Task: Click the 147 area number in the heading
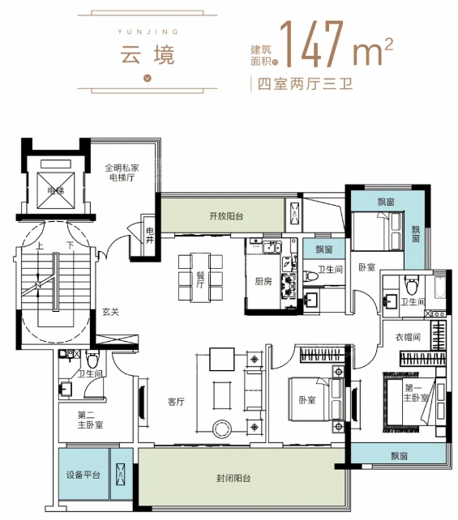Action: click(x=313, y=44)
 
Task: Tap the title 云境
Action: click(x=147, y=55)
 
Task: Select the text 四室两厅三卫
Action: click(x=305, y=84)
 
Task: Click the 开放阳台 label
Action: click(x=226, y=216)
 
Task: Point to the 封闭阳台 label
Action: click(x=233, y=478)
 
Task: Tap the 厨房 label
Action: click(x=263, y=282)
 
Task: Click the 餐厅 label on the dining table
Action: click(x=200, y=279)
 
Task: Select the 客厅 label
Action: click(x=176, y=402)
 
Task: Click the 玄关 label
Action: click(x=110, y=312)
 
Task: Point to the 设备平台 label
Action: click(x=83, y=475)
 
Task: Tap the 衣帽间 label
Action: click(x=408, y=337)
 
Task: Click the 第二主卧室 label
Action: click(x=90, y=420)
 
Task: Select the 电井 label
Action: click(x=150, y=235)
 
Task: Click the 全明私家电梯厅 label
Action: click(x=122, y=173)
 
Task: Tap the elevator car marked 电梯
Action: click(x=56, y=190)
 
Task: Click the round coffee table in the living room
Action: click(x=221, y=429)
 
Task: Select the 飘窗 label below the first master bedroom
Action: click(x=399, y=456)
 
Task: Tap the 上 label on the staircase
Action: click(x=40, y=245)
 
